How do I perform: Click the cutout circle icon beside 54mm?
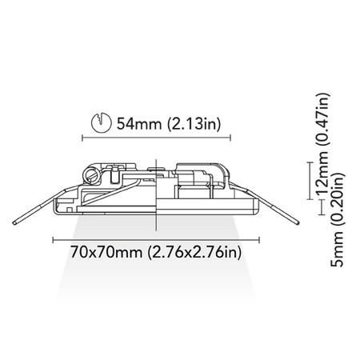(102, 122)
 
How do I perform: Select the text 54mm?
(139, 124)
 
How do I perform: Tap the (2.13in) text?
(194, 124)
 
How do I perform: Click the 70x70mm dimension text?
(106, 252)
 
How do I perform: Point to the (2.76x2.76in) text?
(194, 253)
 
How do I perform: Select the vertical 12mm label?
(322, 174)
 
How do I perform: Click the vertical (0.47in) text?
(322, 119)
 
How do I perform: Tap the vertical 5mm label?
(337, 249)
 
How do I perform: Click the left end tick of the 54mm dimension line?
(82, 138)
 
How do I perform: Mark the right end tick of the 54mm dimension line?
(230, 138)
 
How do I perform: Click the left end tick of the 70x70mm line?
(54, 240)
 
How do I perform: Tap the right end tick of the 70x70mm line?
(259, 240)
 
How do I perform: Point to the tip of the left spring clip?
(14, 222)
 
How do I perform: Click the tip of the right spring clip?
(298, 222)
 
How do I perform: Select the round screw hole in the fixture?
(91, 175)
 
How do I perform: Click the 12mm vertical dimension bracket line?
(310, 181)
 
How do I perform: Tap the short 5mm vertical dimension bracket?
(322, 207)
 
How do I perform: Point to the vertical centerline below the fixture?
(156, 222)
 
